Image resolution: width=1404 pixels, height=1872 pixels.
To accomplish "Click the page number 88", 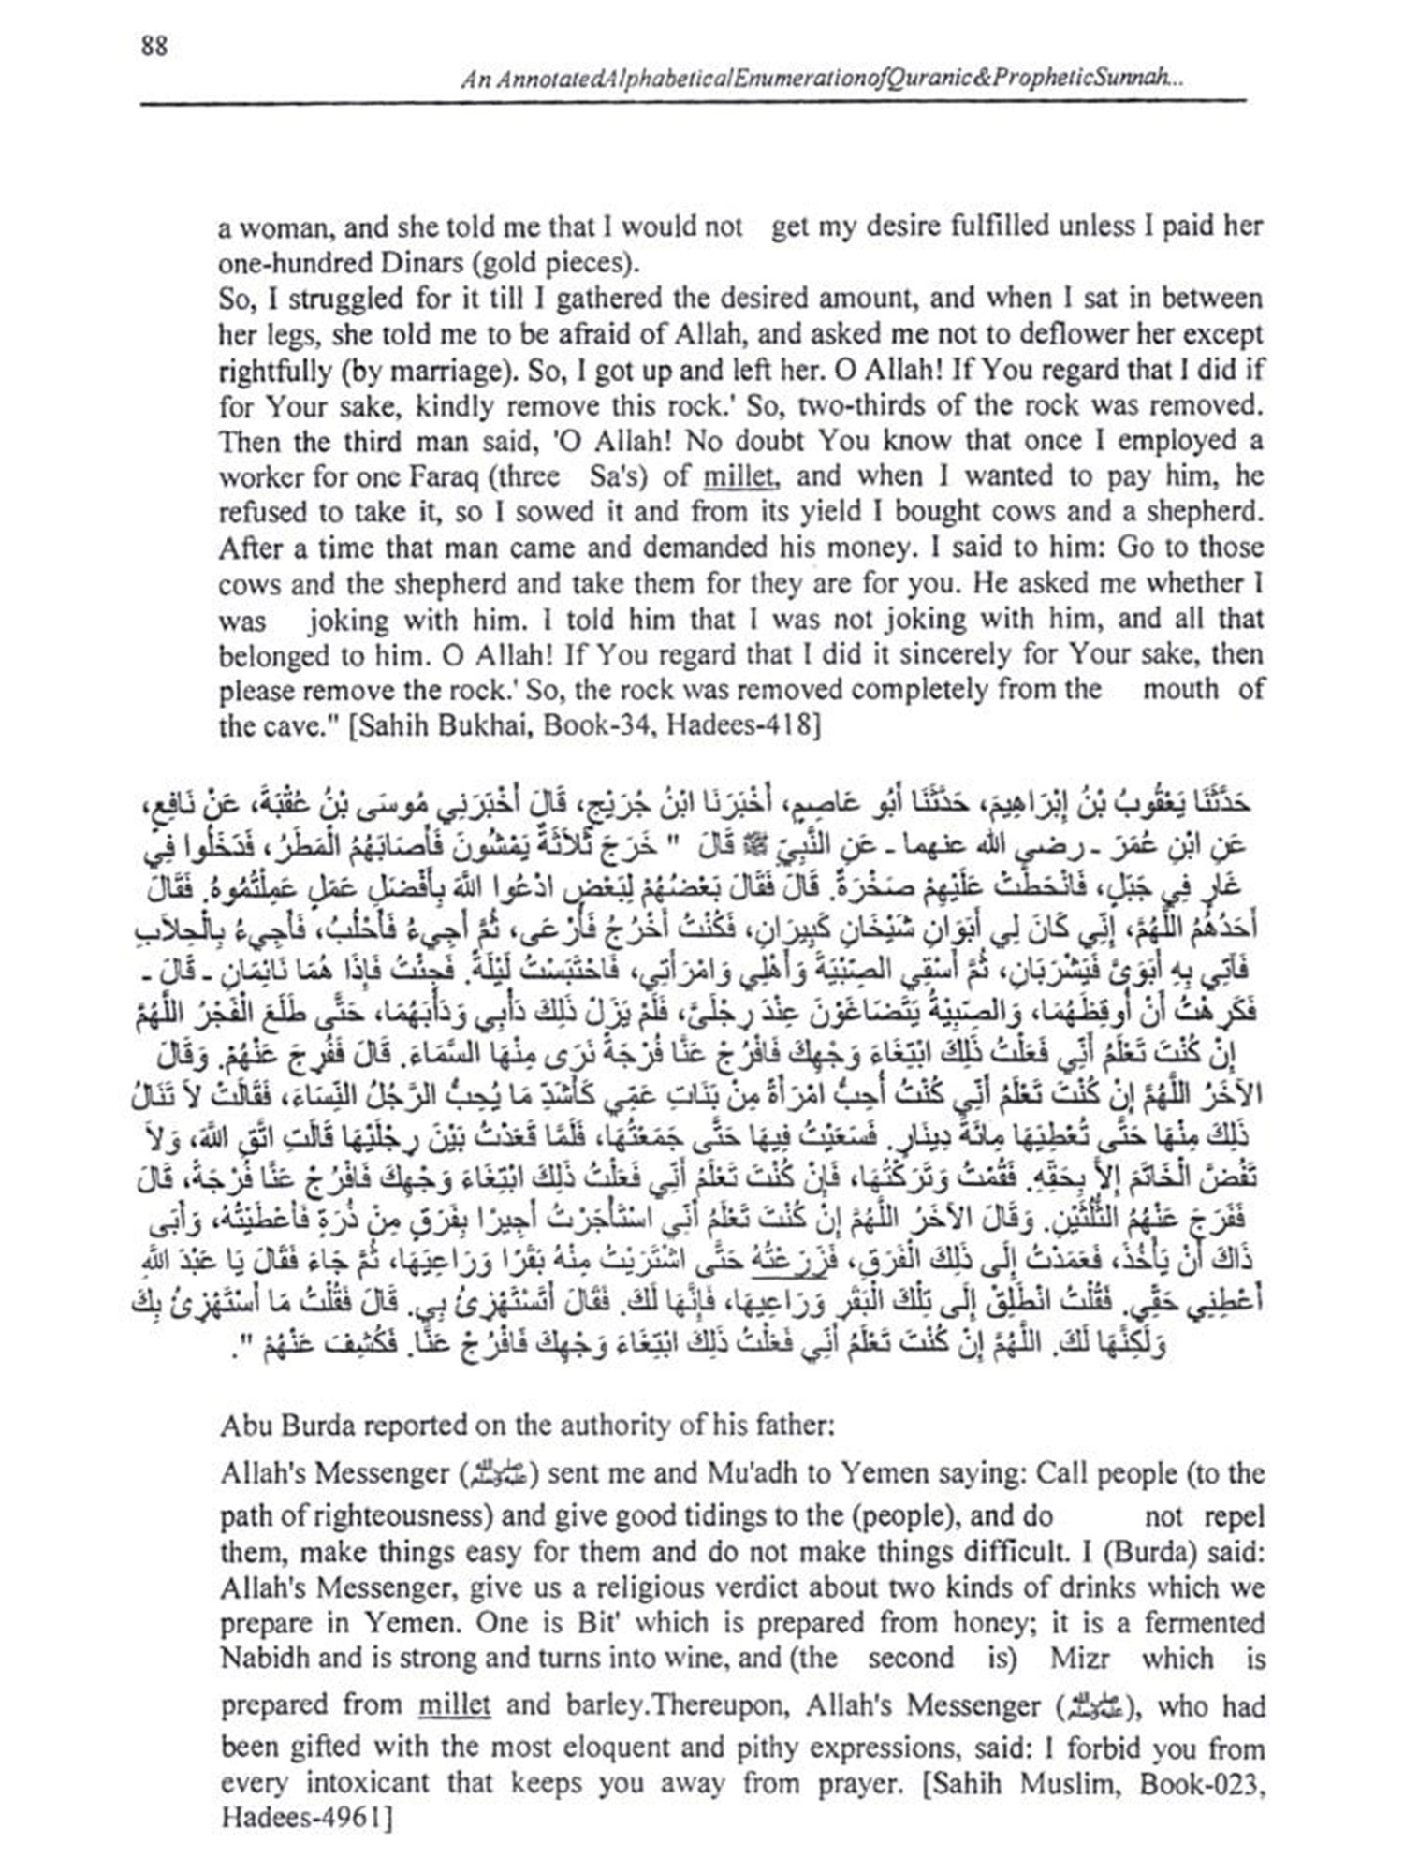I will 154,45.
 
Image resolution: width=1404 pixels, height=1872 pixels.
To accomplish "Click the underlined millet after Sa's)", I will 739,476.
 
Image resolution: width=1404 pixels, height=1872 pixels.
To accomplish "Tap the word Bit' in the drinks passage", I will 602,1622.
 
